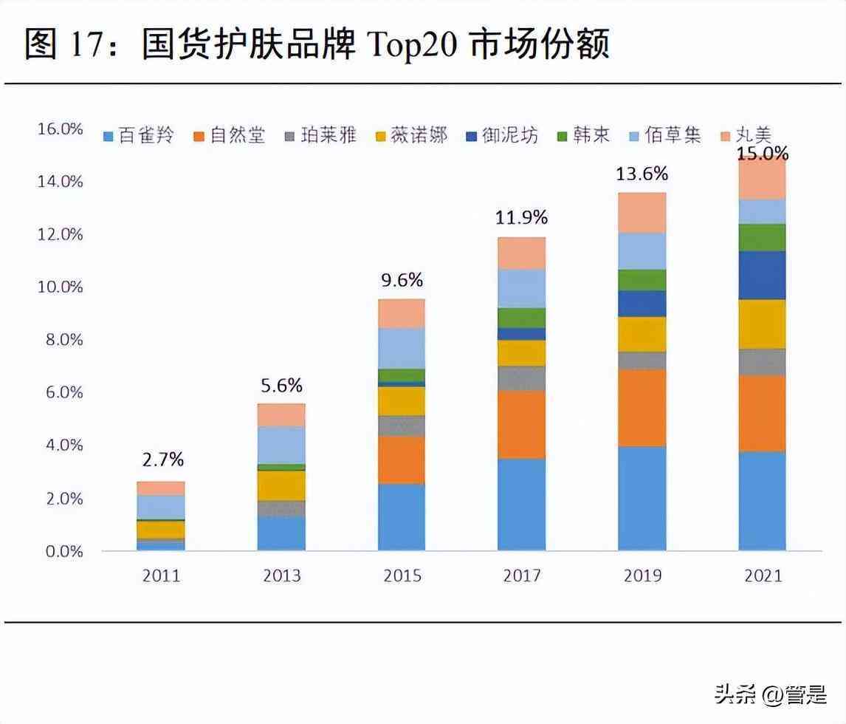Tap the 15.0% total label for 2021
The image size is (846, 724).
763,154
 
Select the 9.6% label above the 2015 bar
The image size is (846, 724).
402,281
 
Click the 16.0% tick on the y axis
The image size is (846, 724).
60,129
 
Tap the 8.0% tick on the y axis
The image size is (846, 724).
65,340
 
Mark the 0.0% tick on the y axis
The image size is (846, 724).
65,551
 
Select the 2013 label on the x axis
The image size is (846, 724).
281,576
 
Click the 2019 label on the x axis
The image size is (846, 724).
642,576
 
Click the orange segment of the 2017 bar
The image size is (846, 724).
522,424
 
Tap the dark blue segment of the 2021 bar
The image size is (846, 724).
763,275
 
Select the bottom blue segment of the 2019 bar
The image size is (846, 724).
642,498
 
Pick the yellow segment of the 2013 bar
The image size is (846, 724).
281,485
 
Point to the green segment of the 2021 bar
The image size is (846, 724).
763,237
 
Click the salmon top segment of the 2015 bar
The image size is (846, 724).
402,313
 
